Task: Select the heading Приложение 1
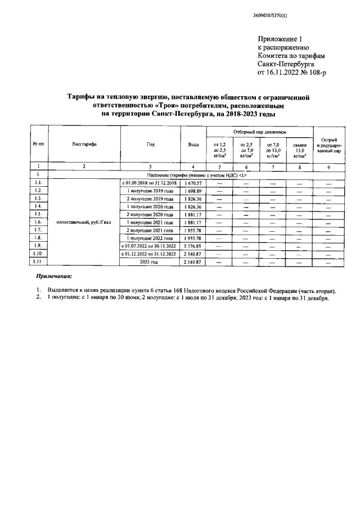[280, 39]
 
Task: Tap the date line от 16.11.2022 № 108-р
[291, 73]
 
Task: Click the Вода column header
[193, 145]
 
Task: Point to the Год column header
[151, 145]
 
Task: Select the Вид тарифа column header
[84, 145]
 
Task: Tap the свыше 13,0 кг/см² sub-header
[299, 151]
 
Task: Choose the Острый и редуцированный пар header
[328, 145]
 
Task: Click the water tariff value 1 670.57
[193, 183]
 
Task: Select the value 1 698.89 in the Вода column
[193, 191]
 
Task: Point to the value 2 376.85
[193, 246]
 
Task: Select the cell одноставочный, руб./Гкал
[84, 223]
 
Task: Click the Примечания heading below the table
[54, 277]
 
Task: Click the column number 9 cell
[328, 167]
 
